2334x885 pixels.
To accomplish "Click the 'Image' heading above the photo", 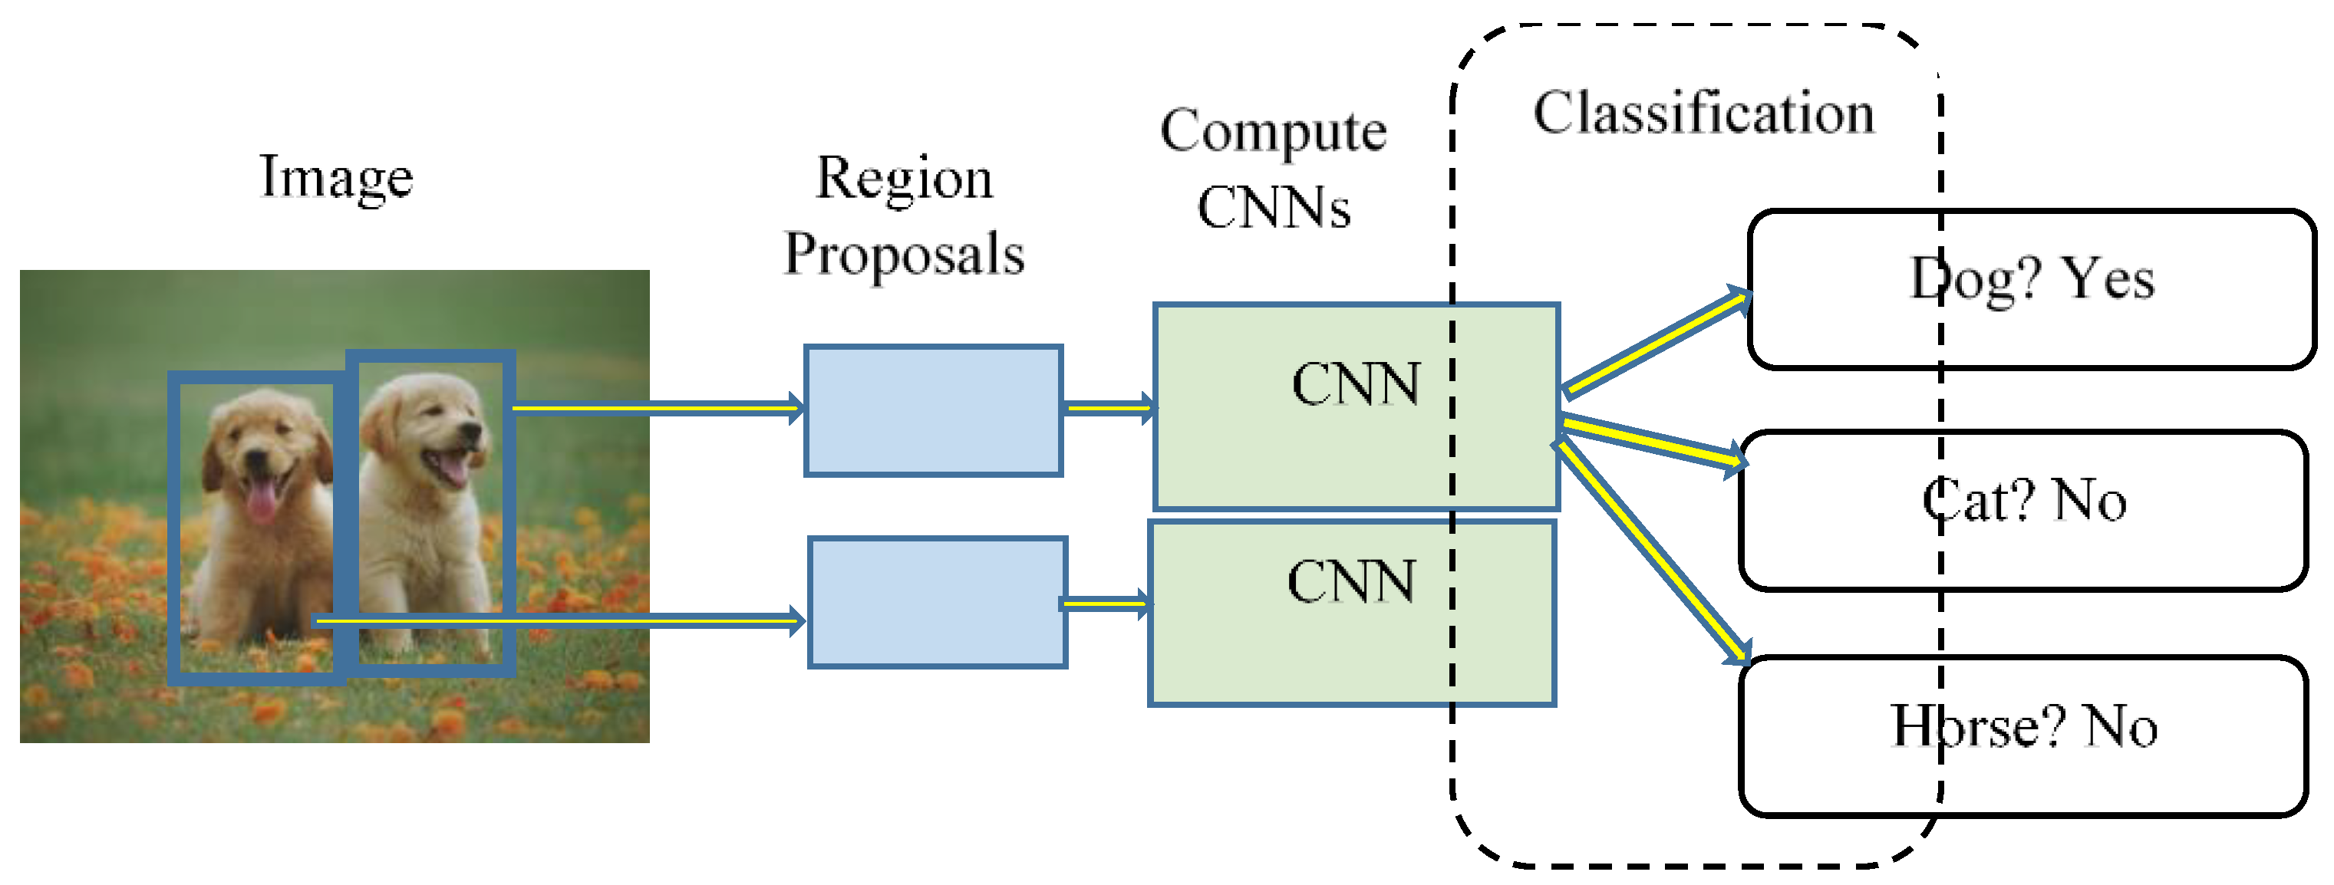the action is (x=336, y=179).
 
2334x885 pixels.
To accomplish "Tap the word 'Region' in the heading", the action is (x=905, y=179).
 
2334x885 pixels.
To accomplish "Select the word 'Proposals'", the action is (x=905, y=255).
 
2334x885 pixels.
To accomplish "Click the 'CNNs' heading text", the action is (x=1273, y=207).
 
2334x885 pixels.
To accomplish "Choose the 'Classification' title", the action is (x=1703, y=114).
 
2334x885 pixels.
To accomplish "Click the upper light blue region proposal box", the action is (x=933, y=410).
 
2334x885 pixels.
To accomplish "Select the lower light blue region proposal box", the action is (x=937, y=602).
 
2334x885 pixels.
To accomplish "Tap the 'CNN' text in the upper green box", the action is (x=1356, y=384).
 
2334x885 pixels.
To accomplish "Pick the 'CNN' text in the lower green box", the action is (x=1351, y=581).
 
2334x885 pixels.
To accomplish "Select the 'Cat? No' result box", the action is (x=2023, y=511).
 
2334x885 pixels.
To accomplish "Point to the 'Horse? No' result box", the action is (x=2023, y=736).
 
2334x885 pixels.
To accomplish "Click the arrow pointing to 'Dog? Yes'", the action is (x=1657, y=342).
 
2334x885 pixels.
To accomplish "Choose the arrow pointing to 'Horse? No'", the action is (x=1653, y=550).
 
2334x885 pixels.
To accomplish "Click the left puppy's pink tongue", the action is (x=261, y=501).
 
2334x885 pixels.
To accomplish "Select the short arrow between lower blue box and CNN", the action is (x=1106, y=604).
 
